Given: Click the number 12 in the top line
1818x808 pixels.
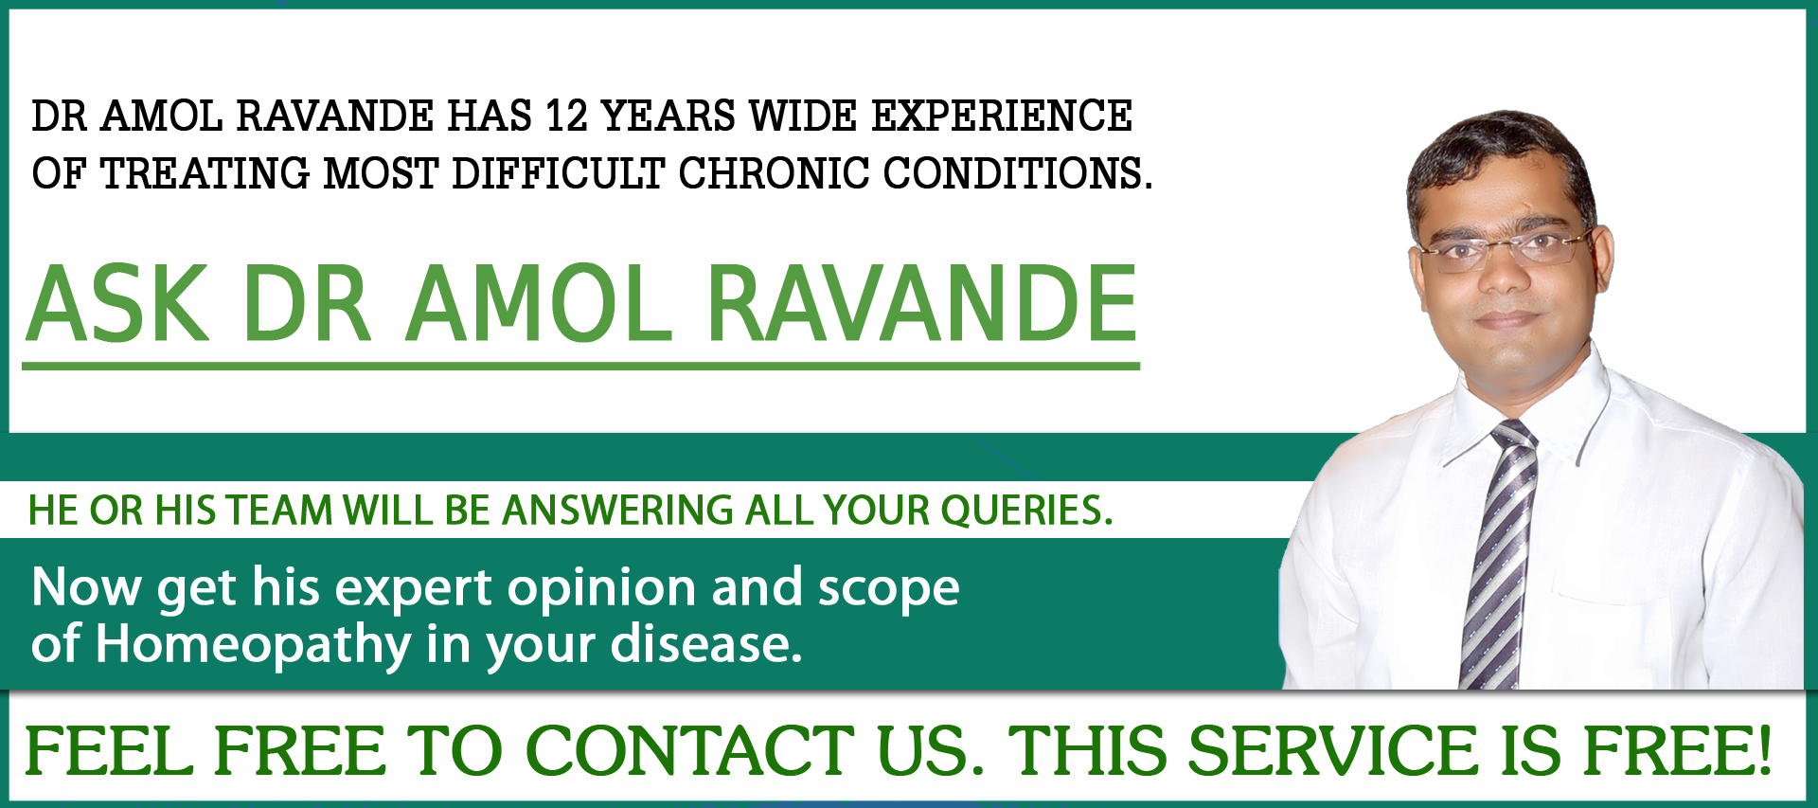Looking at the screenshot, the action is tap(567, 117).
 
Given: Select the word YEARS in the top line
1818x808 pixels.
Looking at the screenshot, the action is tap(668, 117).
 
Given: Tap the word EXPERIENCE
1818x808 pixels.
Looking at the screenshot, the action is tap(1002, 117).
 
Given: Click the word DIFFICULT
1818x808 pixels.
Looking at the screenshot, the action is tap(559, 173).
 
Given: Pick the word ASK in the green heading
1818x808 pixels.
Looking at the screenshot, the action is tap(117, 304).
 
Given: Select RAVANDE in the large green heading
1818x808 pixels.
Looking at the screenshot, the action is tap(922, 304).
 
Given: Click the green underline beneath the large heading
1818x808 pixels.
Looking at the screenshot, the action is tap(580, 365).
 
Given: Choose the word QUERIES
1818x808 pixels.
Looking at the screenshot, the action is tap(1026, 511).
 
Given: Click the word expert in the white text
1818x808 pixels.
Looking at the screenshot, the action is tap(414, 588).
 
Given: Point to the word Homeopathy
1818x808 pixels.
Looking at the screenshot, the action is tap(253, 646).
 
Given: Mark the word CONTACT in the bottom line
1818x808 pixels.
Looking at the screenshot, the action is tap(690, 750).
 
